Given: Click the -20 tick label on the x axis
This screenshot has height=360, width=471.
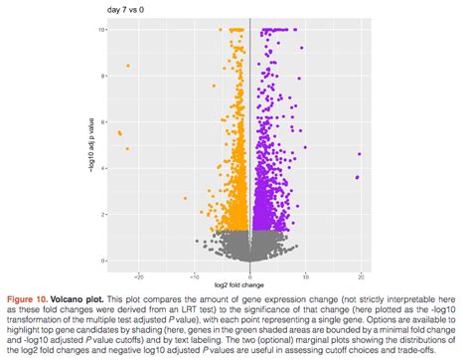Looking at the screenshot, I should click(139, 274).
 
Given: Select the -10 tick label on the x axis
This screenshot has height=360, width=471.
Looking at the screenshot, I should click(194, 274).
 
